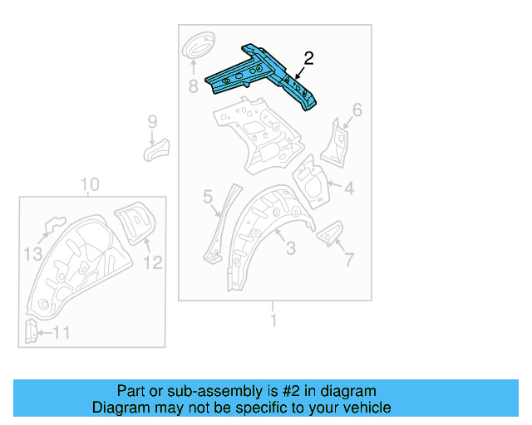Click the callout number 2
[x=309, y=58]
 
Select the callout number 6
[x=357, y=110]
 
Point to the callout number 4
[x=349, y=189]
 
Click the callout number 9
[x=152, y=123]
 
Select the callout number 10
[x=90, y=184]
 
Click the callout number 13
[x=32, y=254]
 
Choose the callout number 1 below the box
[x=273, y=318]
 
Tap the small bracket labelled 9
[x=155, y=149]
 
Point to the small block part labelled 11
[x=28, y=331]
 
